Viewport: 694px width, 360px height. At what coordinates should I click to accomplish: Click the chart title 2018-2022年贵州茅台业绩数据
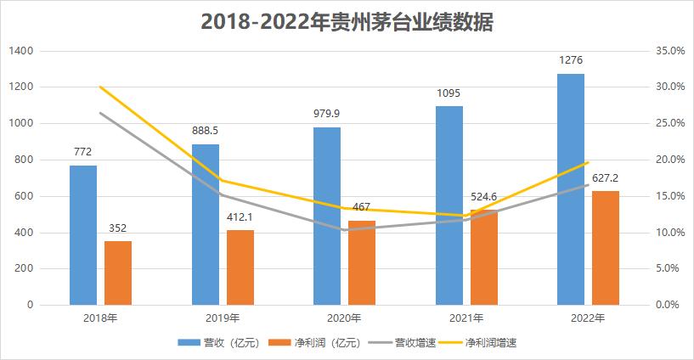(x=347, y=22)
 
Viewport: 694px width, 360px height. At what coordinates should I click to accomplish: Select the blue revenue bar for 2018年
(x=83, y=234)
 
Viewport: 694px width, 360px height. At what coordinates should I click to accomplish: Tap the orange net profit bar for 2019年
(x=240, y=267)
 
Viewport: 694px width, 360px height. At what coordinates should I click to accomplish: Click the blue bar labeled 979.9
(x=327, y=216)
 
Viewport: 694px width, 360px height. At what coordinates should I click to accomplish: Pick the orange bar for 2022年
(x=606, y=247)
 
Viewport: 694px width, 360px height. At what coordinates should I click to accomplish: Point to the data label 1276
(x=571, y=60)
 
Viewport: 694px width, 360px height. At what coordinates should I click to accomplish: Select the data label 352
(x=118, y=228)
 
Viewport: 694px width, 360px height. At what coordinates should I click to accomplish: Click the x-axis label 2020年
(x=344, y=318)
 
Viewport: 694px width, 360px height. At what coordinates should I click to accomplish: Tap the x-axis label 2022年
(x=588, y=318)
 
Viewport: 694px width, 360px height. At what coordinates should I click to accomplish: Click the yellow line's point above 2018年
(x=100, y=87)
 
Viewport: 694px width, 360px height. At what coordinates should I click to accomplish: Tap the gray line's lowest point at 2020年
(x=344, y=229)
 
